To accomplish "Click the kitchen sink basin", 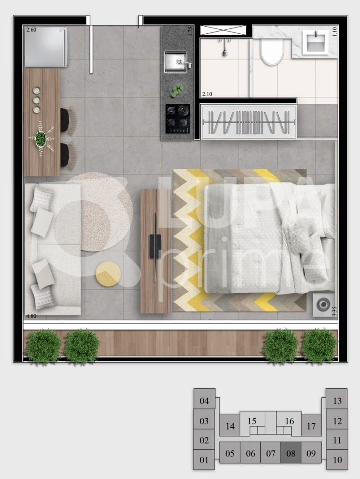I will point(175,62).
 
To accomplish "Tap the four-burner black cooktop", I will point(178,118).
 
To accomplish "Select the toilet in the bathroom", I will point(272,52).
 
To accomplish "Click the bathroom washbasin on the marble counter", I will point(315,41).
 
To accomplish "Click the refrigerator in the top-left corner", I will point(45,46).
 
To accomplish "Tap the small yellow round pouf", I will point(108,274).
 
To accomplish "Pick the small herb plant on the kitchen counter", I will point(177,90).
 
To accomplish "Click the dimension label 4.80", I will point(31,316).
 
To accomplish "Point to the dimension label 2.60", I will point(31,30).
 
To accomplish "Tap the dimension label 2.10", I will point(207,94).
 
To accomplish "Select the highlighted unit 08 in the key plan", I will point(291,454).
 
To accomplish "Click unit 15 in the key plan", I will point(252,421).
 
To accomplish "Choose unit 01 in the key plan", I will point(204,460).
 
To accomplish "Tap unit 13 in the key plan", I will point(337,400).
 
